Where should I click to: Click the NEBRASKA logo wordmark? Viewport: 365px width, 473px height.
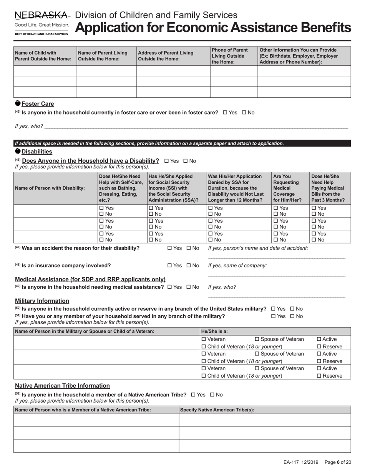[42, 15]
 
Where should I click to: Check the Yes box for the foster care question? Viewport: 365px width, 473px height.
[225, 113]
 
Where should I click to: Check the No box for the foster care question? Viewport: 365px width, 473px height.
[244, 113]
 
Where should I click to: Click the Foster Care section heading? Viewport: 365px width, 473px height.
[38, 104]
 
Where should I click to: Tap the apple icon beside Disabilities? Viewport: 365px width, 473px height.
[18, 152]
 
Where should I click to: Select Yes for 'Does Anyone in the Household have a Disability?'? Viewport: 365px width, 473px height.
[166, 161]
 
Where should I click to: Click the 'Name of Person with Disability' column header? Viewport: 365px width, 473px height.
[50, 188]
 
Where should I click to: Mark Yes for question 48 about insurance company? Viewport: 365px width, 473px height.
[170, 265]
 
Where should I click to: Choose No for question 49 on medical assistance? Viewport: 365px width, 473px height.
[189, 287]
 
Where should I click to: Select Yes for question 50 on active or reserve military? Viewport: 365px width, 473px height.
[274, 309]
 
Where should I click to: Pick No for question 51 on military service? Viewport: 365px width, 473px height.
[292, 316]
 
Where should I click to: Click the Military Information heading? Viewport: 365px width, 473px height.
[42, 301]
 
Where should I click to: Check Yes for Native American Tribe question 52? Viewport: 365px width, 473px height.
[193, 395]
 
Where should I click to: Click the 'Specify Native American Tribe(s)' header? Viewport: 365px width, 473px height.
[217, 410]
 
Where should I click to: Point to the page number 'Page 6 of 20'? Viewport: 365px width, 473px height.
[338, 462]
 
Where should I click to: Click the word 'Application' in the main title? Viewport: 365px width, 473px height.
[111, 28]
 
